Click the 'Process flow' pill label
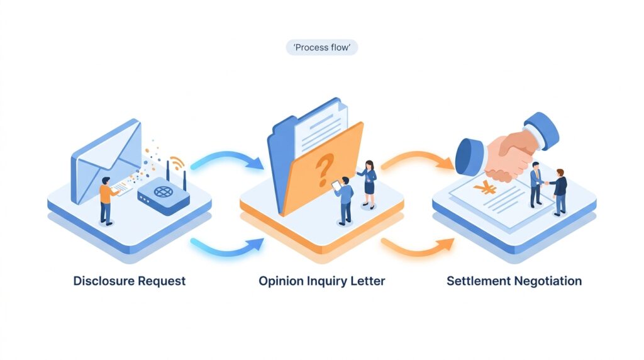[x=321, y=47]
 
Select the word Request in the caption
[x=162, y=281]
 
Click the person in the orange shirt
[x=107, y=198]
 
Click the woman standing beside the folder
[x=369, y=183]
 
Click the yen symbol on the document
[x=485, y=187]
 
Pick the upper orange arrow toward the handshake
[x=416, y=160]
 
